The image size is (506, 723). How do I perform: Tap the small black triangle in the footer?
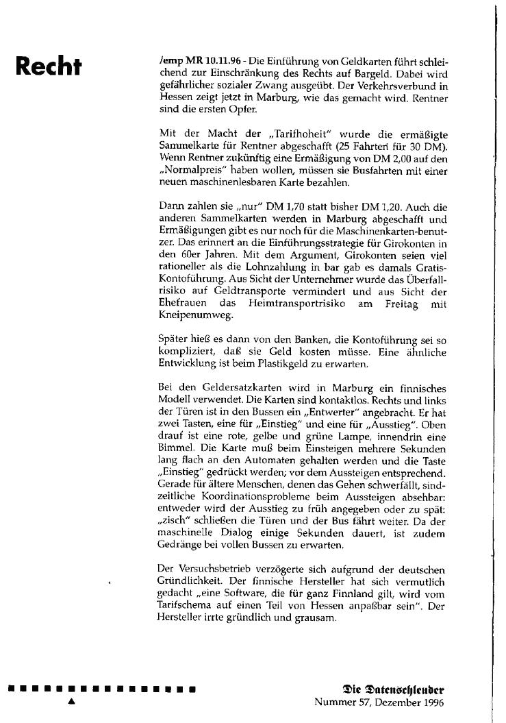71,702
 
